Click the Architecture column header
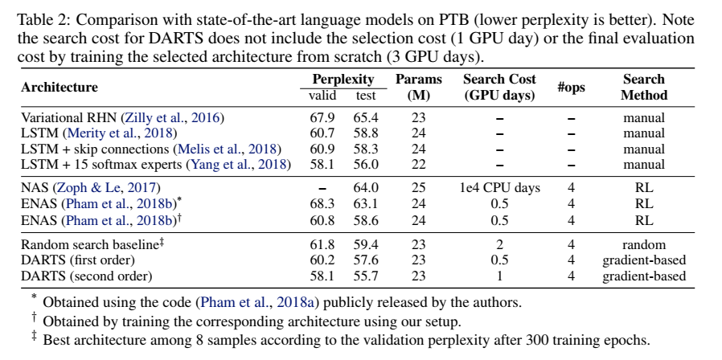click(x=59, y=88)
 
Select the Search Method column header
click(x=644, y=87)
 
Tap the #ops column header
click(x=571, y=88)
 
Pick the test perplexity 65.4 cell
click(x=366, y=118)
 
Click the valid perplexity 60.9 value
click(x=322, y=149)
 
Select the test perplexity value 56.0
click(x=366, y=164)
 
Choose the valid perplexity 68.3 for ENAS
click(x=322, y=202)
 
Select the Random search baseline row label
click(x=90, y=244)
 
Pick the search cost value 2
click(x=499, y=244)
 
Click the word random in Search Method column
click(x=644, y=244)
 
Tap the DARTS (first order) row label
click(x=78, y=260)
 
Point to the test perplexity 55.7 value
click(x=366, y=276)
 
